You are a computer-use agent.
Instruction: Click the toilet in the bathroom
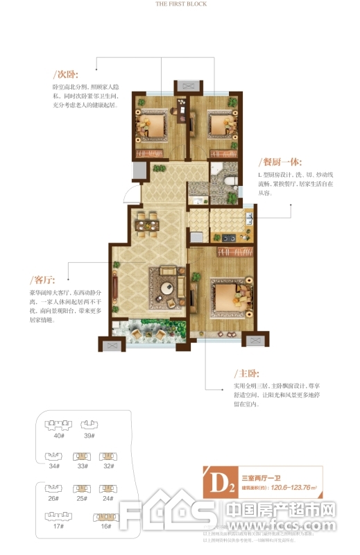coord(231,180)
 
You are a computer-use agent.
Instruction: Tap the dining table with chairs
coord(146,223)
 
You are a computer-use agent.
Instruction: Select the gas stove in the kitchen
coord(229,238)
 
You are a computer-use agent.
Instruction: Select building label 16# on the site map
coord(105,527)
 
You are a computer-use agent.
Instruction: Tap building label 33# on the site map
coord(83,466)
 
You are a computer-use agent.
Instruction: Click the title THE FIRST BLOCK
coord(180,3)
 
